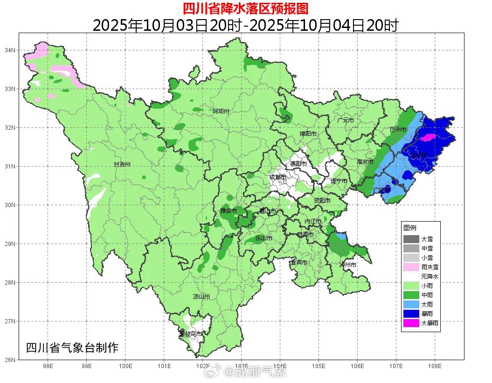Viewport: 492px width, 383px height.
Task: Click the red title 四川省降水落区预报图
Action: click(245, 8)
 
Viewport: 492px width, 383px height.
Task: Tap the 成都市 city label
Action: click(278, 177)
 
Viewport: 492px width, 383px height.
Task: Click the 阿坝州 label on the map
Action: click(222, 111)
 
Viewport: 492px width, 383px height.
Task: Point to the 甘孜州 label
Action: click(122, 165)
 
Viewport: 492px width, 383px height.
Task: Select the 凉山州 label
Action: click(201, 297)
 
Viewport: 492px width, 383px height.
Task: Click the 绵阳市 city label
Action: click(308, 134)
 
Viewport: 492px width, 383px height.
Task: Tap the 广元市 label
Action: click(346, 120)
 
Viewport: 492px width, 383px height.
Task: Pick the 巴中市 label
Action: click(398, 130)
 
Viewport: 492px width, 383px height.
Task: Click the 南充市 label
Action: click(365, 162)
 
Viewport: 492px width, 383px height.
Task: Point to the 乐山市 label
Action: click(264, 238)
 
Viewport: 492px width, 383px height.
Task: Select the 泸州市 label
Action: click(348, 265)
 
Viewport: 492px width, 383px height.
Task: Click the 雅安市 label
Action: click(229, 211)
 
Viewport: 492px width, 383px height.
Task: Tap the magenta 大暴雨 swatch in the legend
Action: click(411, 322)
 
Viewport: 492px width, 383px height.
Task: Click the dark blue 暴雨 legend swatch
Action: click(411, 313)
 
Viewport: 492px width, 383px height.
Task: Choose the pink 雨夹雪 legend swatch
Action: click(411, 267)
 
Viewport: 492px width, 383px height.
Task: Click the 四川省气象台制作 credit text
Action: click(72, 348)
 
